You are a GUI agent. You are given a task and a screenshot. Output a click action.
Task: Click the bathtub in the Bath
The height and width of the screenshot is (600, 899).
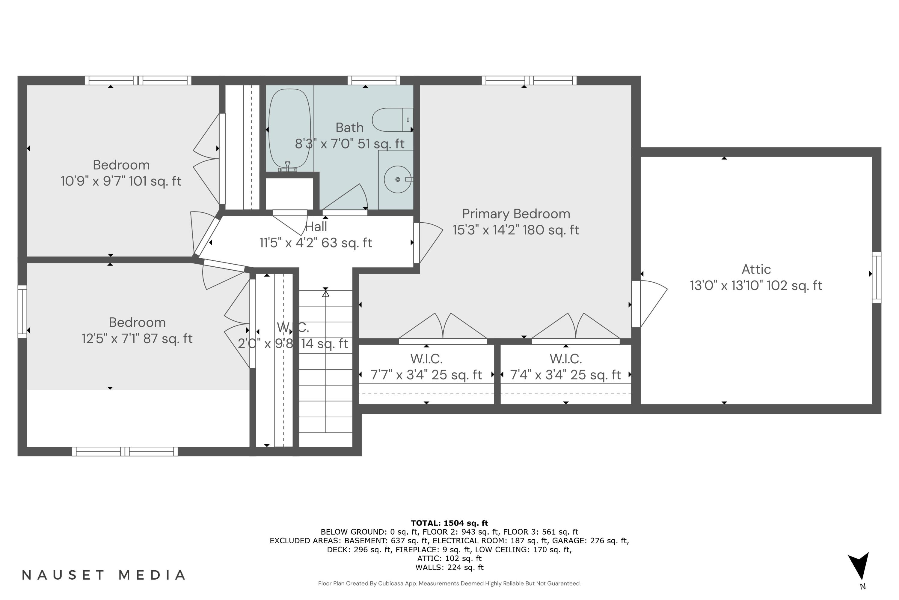(289, 129)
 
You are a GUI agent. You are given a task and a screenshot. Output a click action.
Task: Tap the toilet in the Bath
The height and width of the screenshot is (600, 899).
(392, 120)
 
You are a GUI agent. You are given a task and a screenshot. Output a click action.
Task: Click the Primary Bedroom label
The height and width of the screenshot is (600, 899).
(516, 214)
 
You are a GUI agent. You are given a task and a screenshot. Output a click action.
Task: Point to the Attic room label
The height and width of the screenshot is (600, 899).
(756, 269)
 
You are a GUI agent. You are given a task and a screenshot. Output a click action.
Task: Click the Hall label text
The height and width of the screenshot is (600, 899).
(316, 226)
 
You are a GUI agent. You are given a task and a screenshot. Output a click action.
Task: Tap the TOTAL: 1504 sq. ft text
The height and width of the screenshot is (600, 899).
(449, 523)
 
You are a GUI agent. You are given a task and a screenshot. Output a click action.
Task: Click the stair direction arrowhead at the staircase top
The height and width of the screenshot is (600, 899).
(326, 294)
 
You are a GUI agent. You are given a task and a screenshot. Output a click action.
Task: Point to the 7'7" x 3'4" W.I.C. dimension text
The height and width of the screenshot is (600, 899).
(426, 375)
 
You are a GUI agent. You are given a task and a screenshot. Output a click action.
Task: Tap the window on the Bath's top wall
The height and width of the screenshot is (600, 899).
(373, 80)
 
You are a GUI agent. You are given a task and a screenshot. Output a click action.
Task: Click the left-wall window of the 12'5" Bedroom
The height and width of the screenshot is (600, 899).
(22, 311)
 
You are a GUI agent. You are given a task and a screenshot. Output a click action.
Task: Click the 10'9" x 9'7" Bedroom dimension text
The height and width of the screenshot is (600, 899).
(121, 181)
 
